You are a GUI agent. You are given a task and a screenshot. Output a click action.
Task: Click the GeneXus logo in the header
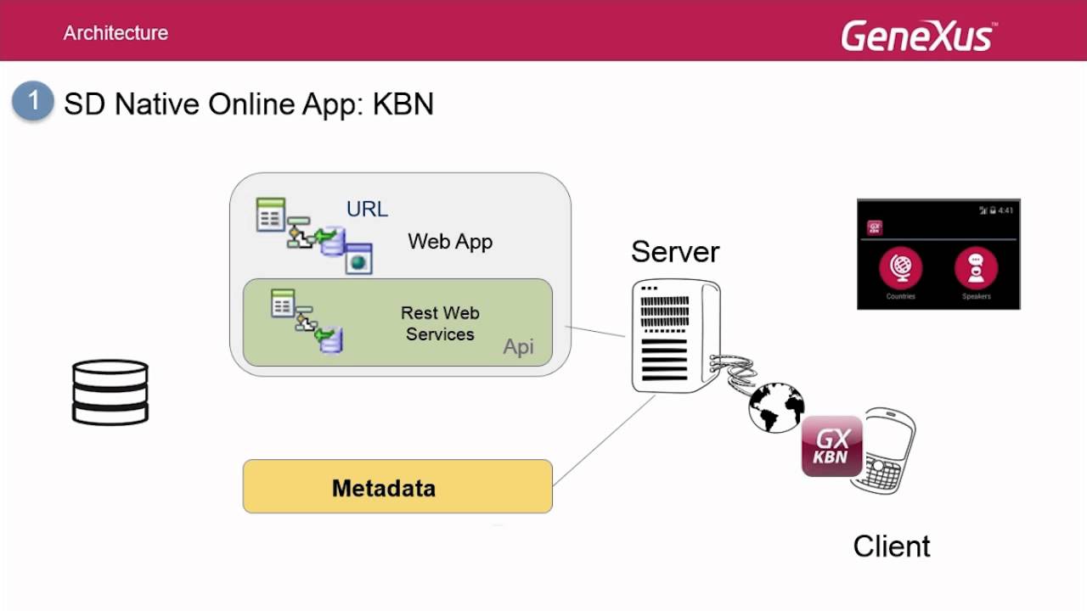[x=918, y=36]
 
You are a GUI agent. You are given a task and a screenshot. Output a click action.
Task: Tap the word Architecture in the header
[x=115, y=33]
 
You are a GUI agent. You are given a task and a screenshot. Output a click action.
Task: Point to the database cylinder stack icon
[x=110, y=391]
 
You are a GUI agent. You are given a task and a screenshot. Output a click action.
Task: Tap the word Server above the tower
[x=675, y=251]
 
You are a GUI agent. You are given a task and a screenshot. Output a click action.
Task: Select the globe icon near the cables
[x=776, y=407]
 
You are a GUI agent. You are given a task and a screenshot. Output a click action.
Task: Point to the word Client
[x=892, y=546]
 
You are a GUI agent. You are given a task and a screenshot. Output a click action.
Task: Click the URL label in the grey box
[x=367, y=209]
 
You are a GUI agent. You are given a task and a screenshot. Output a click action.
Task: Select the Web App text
[x=450, y=241]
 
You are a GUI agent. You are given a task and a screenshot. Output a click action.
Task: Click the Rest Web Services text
[x=440, y=323]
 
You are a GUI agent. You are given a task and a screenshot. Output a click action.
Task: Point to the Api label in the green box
[x=518, y=346]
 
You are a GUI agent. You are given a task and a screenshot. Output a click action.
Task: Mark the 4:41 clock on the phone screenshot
[x=1005, y=210]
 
